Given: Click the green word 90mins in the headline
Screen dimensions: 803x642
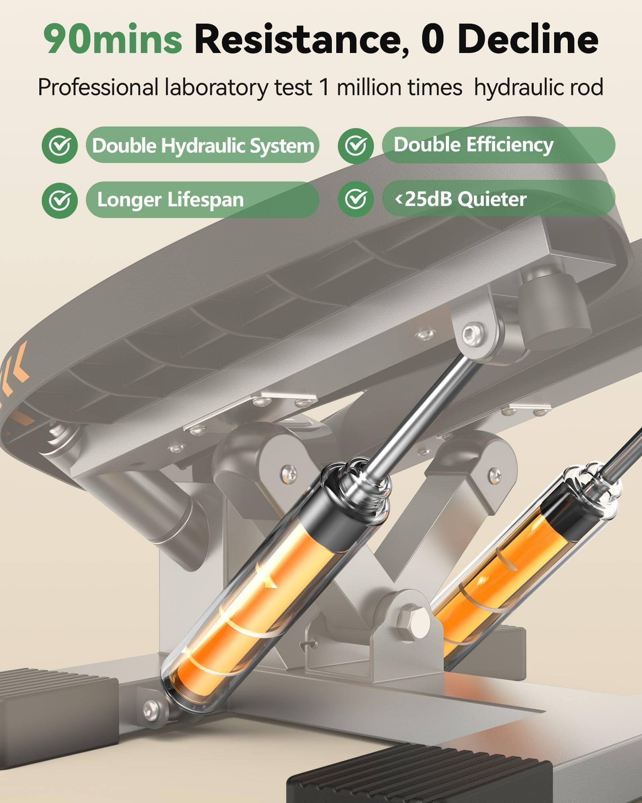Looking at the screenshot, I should coord(113,39).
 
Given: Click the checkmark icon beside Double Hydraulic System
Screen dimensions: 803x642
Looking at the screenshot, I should coord(60,146).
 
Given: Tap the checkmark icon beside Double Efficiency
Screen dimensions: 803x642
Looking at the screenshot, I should coord(356,146).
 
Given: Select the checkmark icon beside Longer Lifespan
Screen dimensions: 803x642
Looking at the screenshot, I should coord(60,200).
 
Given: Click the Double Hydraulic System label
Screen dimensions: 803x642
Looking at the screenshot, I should coord(203,145).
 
